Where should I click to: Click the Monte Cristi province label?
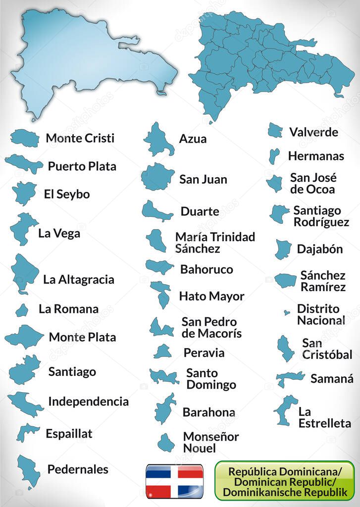point(80,138)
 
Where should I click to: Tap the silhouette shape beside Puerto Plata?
point(24,163)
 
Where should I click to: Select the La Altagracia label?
point(78,279)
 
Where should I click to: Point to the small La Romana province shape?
point(22,310)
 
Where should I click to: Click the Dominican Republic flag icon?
point(174,481)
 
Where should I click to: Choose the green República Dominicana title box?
point(285,480)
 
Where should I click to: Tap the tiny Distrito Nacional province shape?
point(286,312)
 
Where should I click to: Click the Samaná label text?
point(332,379)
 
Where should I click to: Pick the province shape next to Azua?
point(158,139)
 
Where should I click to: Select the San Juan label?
point(203,179)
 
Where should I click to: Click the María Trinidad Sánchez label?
point(215,243)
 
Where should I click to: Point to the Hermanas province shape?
point(273,155)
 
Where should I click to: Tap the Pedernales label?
point(77,469)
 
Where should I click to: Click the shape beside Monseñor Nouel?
point(165,442)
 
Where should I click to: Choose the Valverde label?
point(313,132)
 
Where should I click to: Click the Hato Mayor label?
point(211,296)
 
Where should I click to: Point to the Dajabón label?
point(319,249)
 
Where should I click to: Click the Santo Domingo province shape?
point(164,377)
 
